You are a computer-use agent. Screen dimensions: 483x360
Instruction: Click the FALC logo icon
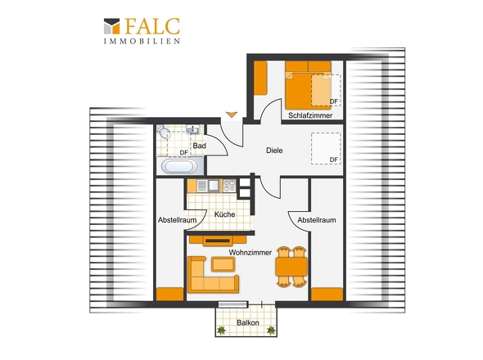pos(111,26)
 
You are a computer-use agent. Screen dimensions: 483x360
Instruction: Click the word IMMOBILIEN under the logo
pos(142,41)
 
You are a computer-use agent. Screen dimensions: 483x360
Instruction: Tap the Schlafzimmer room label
pos(310,115)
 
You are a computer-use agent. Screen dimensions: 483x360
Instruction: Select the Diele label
pos(274,151)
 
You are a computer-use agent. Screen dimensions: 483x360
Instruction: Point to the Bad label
pos(199,146)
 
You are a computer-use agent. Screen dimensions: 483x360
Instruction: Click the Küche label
pos(224,214)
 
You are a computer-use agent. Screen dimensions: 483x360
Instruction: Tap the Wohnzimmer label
pos(251,253)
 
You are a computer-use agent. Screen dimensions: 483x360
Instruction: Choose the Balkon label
pos(248,322)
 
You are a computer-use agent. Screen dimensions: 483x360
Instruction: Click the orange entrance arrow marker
pos(232,115)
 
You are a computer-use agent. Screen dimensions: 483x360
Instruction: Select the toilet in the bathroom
pos(164,132)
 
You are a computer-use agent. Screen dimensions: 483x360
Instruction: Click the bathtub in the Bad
pos(180,166)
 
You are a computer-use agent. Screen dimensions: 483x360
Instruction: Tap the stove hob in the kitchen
pos(229,186)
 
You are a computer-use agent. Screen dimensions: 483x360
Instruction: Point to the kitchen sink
pos(214,186)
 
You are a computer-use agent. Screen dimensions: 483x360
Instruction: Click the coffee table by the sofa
pos(223,264)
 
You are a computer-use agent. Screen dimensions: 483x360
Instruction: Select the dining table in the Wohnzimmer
pos(291,267)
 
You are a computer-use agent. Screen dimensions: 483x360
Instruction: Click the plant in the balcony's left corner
pos(221,331)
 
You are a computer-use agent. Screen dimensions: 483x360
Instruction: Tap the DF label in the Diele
pos(334,160)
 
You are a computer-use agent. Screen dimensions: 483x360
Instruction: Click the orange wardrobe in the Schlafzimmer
pos(260,78)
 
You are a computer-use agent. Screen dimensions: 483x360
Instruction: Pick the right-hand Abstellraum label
pos(317,220)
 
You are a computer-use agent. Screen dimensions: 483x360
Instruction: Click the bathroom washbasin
pos(193,129)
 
